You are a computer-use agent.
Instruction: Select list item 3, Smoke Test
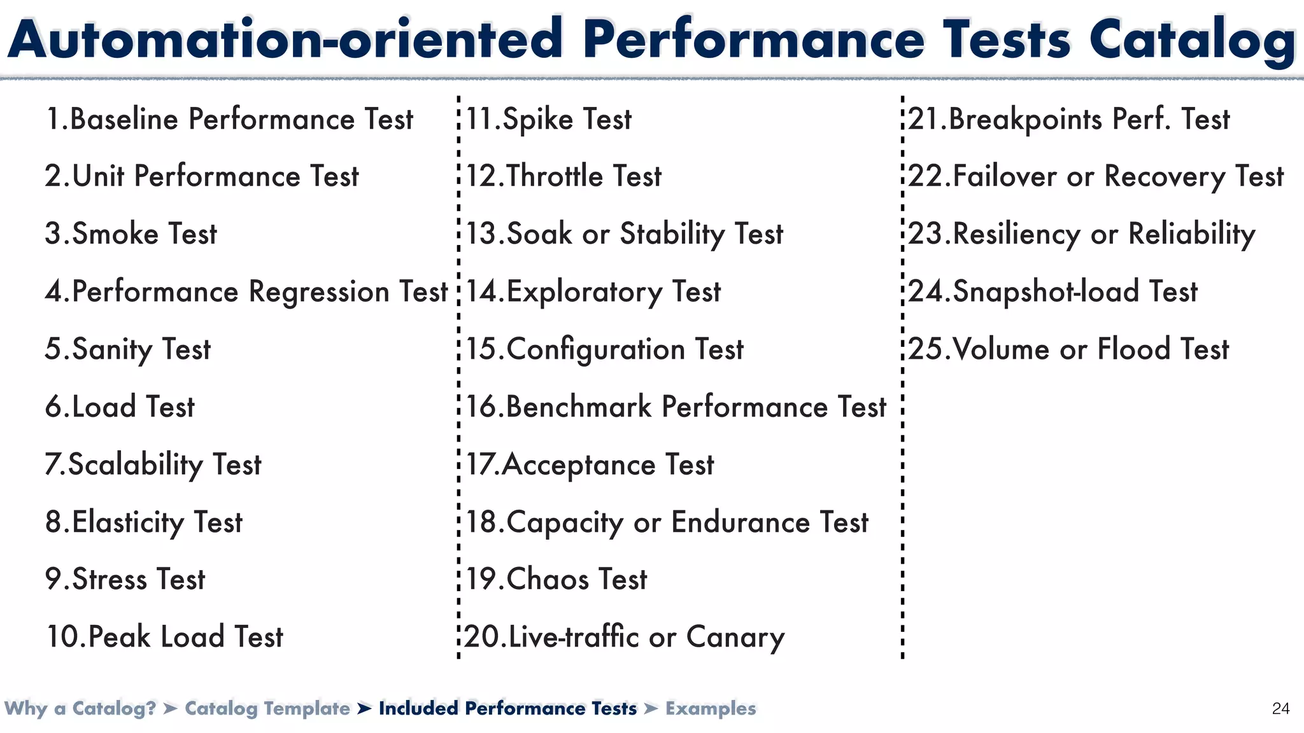(x=131, y=234)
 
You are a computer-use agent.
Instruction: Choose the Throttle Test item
(x=563, y=176)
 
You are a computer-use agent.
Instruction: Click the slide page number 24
(x=1280, y=708)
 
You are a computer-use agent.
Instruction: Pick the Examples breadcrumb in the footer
(x=711, y=708)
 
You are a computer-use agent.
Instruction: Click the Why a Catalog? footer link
(x=80, y=708)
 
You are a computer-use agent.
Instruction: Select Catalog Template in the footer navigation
(x=267, y=708)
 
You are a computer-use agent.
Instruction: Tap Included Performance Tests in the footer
(x=507, y=708)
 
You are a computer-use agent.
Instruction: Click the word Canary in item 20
(x=735, y=637)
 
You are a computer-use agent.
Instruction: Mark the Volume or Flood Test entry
(x=1068, y=349)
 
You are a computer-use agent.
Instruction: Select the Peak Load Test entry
(x=164, y=637)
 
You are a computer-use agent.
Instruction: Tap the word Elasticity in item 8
(x=128, y=522)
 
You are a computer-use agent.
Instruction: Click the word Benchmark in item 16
(x=579, y=407)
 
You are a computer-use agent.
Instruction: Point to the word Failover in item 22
(x=1005, y=176)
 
